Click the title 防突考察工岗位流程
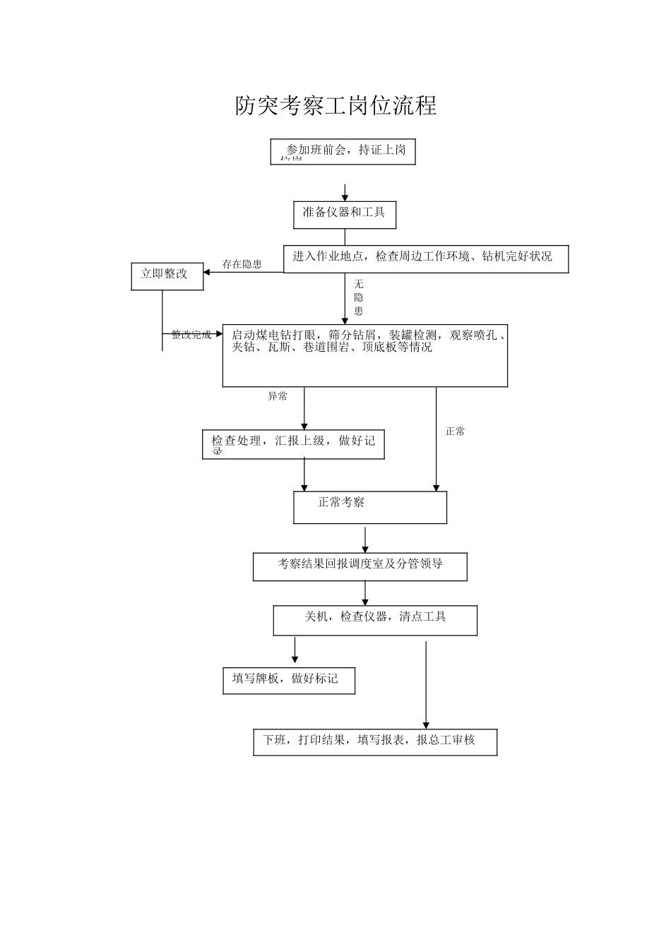pyautogui.click(x=335, y=106)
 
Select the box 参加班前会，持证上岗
pyautogui.click(x=343, y=151)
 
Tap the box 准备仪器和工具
pyautogui.click(x=345, y=214)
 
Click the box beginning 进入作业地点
pyautogui.click(x=426, y=258)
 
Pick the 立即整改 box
pyautogui.click(x=167, y=275)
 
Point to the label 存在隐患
pyautogui.click(x=242, y=264)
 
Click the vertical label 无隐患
pyautogui.click(x=359, y=297)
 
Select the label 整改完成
pyautogui.click(x=191, y=335)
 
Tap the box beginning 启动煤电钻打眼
pyautogui.click(x=364, y=356)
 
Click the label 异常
pyautogui.click(x=278, y=396)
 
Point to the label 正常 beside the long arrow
pyautogui.click(x=456, y=431)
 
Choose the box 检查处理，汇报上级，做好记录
pyautogui.click(x=293, y=444)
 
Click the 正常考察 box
pyautogui.click(x=370, y=507)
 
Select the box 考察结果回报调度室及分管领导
pyautogui.click(x=360, y=566)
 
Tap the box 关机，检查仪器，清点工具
pyautogui.click(x=375, y=620)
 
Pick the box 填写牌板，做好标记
pyautogui.click(x=289, y=680)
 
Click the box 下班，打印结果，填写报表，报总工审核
pyautogui.click(x=375, y=741)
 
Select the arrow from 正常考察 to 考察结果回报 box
pyautogui.click(x=365, y=539)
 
